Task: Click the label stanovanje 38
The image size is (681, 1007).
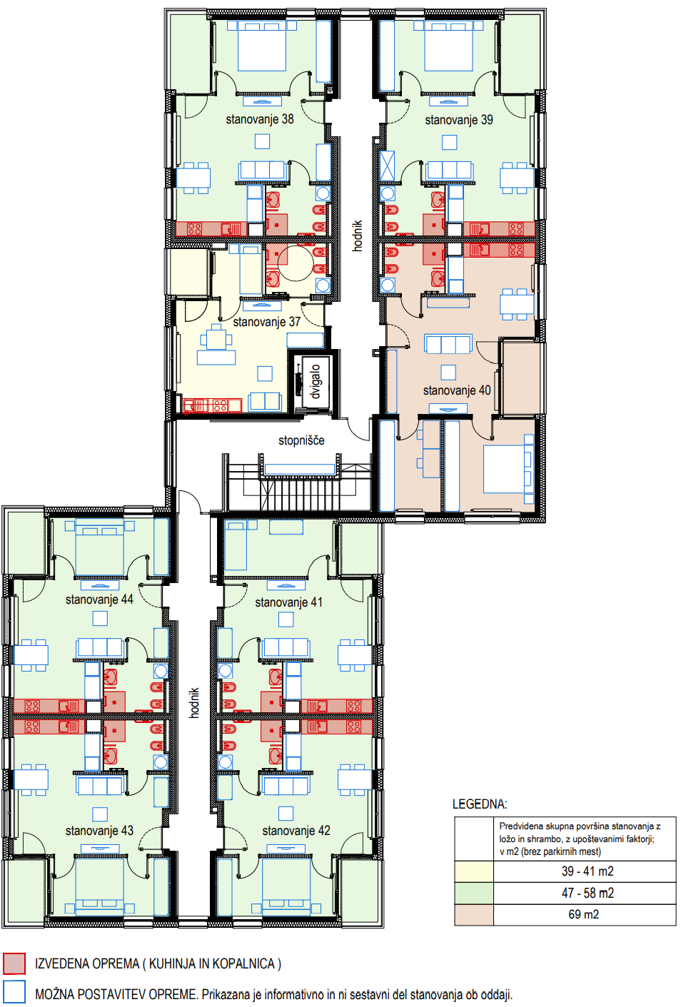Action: [259, 119]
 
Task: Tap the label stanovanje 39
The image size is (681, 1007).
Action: [459, 120]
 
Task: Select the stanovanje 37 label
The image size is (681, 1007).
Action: [266, 321]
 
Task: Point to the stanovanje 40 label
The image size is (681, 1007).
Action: [457, 390]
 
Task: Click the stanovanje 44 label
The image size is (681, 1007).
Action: [99, 599]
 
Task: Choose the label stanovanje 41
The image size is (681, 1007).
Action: [289, 602]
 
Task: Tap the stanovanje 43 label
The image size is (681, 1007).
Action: [99, 830]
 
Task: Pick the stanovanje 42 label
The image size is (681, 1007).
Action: [296, 830]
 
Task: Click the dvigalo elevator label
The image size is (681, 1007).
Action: [316, 381]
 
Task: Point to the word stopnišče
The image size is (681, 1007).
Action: [301, 440]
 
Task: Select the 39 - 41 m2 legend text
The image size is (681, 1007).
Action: [587, 871]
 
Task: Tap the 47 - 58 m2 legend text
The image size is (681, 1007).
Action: [587, 893]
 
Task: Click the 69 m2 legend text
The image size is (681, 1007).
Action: [583, 914]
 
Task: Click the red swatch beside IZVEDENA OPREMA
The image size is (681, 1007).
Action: [14, 963]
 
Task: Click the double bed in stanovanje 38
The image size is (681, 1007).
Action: [262, 46]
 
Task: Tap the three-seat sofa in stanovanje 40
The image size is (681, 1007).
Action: [448, 344]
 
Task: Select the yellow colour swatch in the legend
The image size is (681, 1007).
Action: [474, 871]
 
